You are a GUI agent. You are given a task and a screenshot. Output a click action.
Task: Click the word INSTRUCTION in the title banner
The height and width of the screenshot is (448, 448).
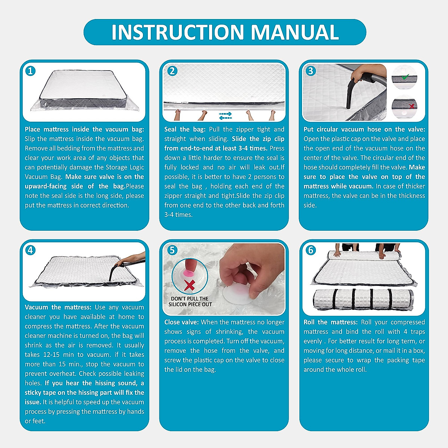(178, 32)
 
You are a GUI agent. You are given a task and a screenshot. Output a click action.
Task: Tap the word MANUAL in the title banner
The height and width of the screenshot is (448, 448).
(295, 32)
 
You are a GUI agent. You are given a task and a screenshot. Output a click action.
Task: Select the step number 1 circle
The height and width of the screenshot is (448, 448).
(31, 71)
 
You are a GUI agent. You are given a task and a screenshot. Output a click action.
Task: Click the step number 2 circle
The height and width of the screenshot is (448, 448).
(172, 71)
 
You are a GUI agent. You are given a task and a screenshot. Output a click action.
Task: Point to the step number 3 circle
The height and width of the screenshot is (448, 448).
(311, 71)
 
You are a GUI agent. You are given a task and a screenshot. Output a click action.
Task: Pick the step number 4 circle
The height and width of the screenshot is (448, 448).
(31, 251)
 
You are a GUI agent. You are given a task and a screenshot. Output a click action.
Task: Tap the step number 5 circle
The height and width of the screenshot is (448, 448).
(172, 251)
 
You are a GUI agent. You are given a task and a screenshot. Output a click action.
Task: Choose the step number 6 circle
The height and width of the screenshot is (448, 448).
(311, 251)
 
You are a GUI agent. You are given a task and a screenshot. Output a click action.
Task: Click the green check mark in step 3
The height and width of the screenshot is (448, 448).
(405, 77)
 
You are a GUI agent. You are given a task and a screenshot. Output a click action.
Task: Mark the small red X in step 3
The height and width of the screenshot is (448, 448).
(412, 106)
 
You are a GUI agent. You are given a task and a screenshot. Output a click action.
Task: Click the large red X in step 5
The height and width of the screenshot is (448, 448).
(190, 285)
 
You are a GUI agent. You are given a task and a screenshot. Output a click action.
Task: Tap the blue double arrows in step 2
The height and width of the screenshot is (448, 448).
(225, 116)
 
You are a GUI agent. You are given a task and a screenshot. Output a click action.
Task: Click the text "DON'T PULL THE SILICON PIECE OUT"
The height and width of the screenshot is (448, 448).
(190, 302)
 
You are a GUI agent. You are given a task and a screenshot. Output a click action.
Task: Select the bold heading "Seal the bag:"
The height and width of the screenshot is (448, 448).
(185, 130)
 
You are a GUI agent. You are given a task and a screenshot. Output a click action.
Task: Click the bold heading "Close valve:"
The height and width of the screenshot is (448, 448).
(181, 322)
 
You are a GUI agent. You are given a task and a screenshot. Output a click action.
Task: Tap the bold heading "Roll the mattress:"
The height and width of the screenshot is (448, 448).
(331, 322)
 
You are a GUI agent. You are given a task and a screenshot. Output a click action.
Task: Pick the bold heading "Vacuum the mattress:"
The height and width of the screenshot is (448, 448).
(58, 307)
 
